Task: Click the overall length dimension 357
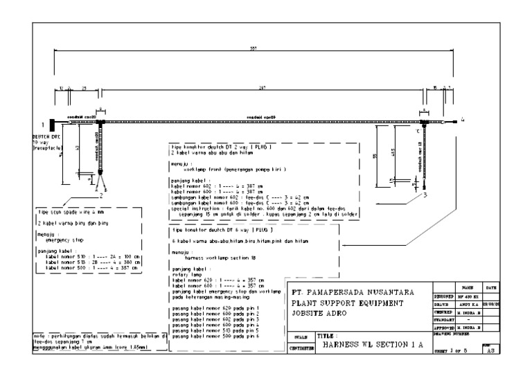coord(253,49)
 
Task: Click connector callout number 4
coord(463,120)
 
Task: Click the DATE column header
coord(490,286)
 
